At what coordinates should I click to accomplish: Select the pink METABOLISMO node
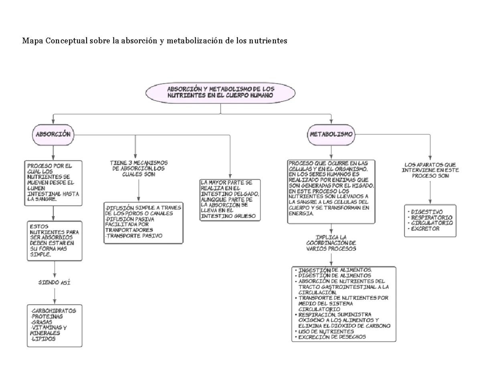click(331, 135)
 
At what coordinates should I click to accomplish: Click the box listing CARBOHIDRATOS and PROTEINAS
click(54, 325)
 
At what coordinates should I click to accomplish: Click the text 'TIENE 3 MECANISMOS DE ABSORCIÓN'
click(139, 168)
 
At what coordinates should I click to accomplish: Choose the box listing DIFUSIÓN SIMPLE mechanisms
click(142, 222)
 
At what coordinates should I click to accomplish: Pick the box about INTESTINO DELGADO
click(230, 199)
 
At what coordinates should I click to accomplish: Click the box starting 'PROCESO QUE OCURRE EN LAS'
click(331, 191)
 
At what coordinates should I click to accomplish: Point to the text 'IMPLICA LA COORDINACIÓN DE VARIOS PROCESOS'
click(331, 243)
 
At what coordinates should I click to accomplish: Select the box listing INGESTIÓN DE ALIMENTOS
click(344, 304)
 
